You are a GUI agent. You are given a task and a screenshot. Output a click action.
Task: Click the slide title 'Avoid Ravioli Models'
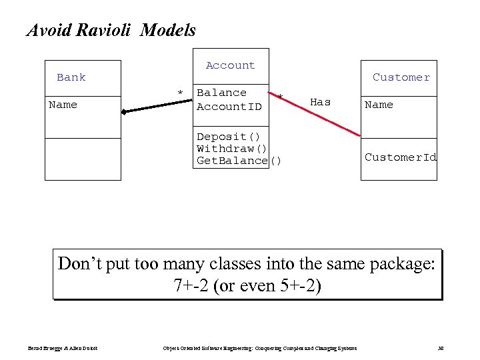pos(111,30)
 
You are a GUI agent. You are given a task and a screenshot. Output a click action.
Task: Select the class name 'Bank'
pos(71,77)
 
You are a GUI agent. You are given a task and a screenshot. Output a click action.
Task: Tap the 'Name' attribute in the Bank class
pos(63,105)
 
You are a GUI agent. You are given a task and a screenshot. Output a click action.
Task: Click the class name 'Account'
pos(230,65)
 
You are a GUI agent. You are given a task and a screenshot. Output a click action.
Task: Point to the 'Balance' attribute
pos(222,93)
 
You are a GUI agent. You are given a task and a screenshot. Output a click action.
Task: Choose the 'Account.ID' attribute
pos(229,107)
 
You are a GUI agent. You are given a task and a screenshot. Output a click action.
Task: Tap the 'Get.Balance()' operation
pos(239,161)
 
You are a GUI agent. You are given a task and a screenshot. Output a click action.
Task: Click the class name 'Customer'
pos(401,77)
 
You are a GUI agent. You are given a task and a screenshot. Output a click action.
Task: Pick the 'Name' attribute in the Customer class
pos(379,105)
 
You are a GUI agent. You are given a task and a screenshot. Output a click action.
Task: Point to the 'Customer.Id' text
pos(401,157)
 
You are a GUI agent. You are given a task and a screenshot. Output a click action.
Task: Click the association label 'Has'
pos(321,102)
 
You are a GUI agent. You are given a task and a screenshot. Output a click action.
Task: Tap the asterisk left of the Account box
pos(179,93)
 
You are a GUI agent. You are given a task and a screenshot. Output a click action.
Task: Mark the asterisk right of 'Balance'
pos(281,98)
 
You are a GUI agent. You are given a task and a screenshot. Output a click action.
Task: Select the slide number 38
pos(441,349)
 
